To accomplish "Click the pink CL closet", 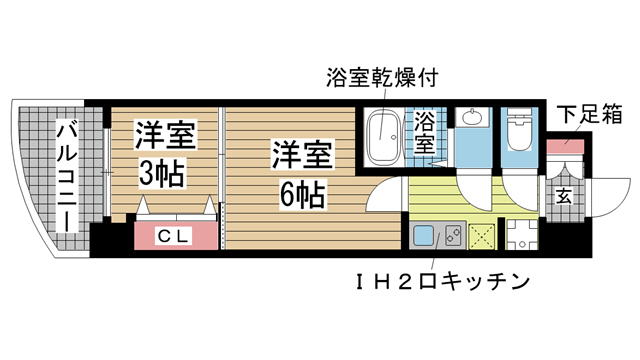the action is click(176, 236).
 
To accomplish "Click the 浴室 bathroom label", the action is click(426, 133).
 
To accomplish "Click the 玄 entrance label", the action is click(564, 196).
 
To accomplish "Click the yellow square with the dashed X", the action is click(482, 237).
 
